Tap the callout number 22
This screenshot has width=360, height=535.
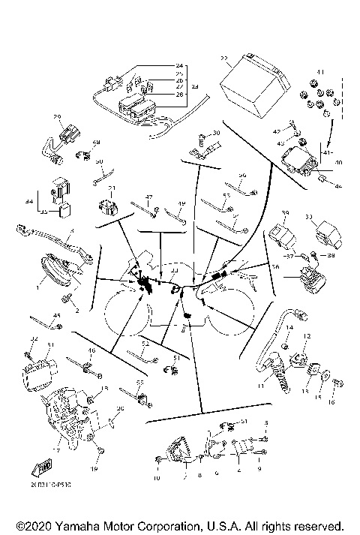[x=224, y=58]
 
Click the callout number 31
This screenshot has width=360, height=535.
[x=51, y=344]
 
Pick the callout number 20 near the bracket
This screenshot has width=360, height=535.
[x=120, y=409]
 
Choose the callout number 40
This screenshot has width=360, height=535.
[x=338, y=161]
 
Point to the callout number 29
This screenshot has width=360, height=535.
[x=55, y=117]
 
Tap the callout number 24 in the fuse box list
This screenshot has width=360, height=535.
[x=179, y=66]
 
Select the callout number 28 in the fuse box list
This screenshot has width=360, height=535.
[x=179, y=95]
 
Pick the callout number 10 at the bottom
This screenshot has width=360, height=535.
[x=157, y=478]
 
